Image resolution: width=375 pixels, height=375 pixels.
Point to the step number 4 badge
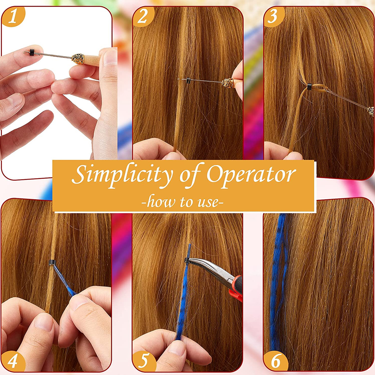click(x=12, y=361)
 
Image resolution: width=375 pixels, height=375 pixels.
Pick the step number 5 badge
click(x=143, y=361)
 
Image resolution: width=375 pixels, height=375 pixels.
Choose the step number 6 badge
click(x=275, y=361)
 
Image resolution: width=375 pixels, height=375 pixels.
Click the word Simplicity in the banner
click(x=122, y=175)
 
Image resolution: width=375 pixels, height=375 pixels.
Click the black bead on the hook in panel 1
click(x=30, y=52)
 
